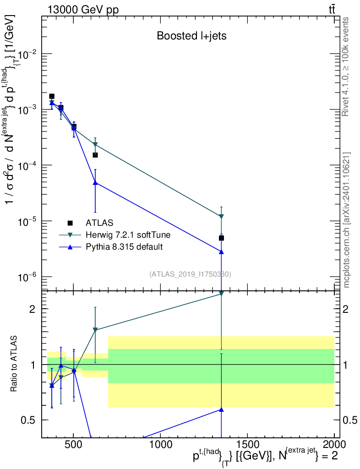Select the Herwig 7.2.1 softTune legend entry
(128, 235)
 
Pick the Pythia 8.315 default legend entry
(124, 247)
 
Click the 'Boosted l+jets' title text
(191, 36)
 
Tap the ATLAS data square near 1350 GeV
(221, 238)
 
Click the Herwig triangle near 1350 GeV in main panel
(221, 216)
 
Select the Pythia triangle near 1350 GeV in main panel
(221, 252)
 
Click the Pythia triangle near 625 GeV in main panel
(95, 183)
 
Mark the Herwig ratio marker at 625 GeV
(95, 330)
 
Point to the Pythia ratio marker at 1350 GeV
(221, 409)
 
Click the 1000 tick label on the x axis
(160, 444)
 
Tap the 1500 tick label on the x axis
(247, 444)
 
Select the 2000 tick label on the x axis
(334, 444)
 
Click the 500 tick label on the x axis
(73, 444)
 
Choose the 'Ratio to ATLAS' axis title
(14, 365)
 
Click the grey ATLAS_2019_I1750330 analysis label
(190, 274)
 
